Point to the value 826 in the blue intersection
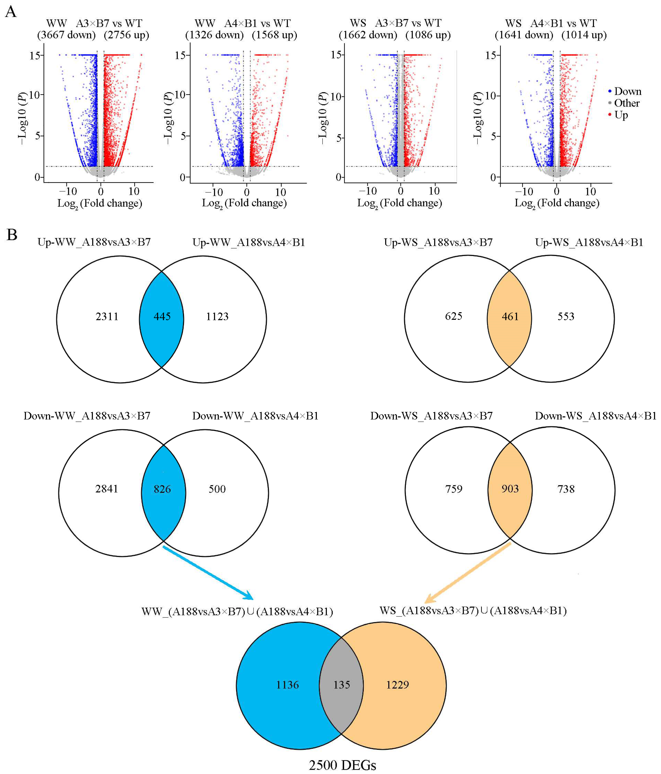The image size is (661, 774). pyautogui.click(x=162, y=489)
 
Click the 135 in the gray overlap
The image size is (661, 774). pyautogui.click(x=342, y=685)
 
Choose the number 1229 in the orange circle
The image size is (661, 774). pyautogui.click(x=397, y=685)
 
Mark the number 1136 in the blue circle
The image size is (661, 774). pyautogui.click(x=287, y=685)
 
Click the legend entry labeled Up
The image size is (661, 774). pyautogui.click(x=621, y=115)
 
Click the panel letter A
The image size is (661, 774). pyautogui.click(x=11, y=12)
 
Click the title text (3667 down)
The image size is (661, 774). pyautogui.click(x=66, y=35)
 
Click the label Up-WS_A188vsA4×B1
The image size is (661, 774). pyautogui.click(x=589, y=242)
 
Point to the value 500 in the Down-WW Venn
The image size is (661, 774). pyautogui.click(x=217, y=489)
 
